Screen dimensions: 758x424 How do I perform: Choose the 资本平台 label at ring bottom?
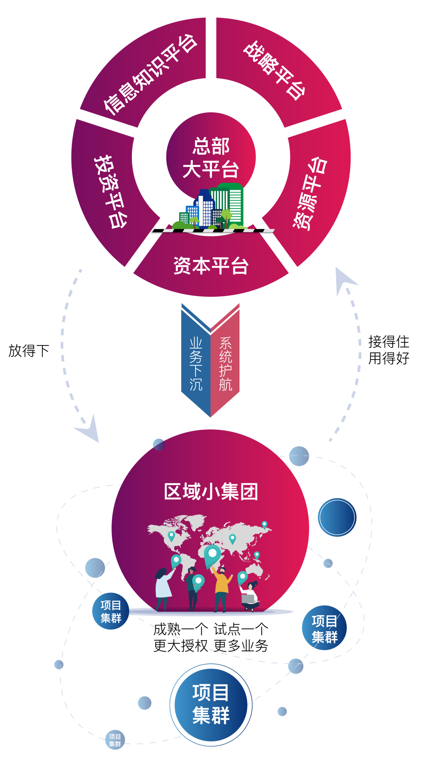[x=211, y=266]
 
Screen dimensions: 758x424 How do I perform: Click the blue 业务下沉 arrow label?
[x=196, y=363]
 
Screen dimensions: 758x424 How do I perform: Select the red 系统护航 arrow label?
[x=225, y=363]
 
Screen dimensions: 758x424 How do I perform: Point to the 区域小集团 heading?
[x=211, y=491]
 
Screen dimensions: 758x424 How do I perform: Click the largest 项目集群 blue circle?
[x=211, y=705]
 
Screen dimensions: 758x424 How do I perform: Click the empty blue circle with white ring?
[x=337, y=517]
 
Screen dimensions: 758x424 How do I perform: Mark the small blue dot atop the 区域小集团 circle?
[x=159, y=444]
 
